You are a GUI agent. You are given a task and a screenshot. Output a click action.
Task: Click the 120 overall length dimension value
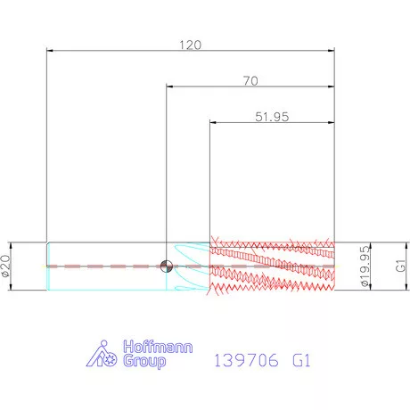190,45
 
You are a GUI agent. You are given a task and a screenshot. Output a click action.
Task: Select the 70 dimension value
250,81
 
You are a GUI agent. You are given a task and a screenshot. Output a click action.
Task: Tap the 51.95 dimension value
272,117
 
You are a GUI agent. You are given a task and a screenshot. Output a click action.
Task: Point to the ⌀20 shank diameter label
6,266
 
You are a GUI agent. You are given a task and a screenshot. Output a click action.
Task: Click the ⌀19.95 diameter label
365,266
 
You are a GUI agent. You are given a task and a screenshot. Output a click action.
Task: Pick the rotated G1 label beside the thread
400,266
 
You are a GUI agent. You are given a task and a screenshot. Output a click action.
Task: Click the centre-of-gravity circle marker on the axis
167,266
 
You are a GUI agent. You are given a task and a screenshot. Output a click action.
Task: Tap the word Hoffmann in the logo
158,347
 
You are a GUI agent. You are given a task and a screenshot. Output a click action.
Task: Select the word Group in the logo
144,361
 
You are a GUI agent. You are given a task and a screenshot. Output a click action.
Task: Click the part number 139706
246,360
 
